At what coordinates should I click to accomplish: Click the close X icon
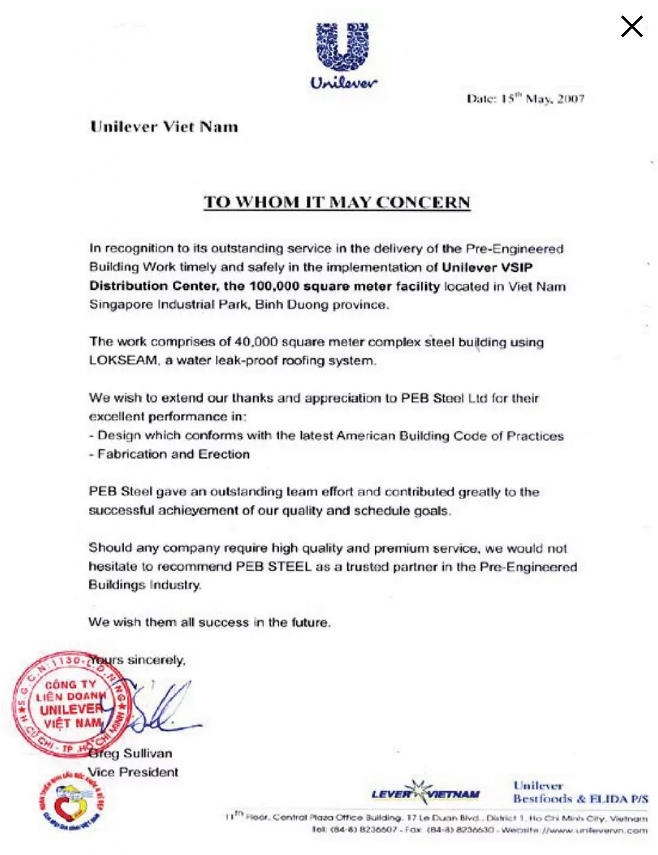tap(631, 27)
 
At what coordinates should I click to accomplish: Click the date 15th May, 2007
tap(525, 99)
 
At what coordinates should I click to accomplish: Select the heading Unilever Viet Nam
tap(164, 127)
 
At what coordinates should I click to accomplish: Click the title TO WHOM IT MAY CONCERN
tap(337, 202)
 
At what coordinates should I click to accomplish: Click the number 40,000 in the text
tap(256, 342)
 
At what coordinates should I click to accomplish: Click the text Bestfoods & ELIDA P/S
tap(581, 799)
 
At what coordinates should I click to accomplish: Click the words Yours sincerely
tap(137, 660)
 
